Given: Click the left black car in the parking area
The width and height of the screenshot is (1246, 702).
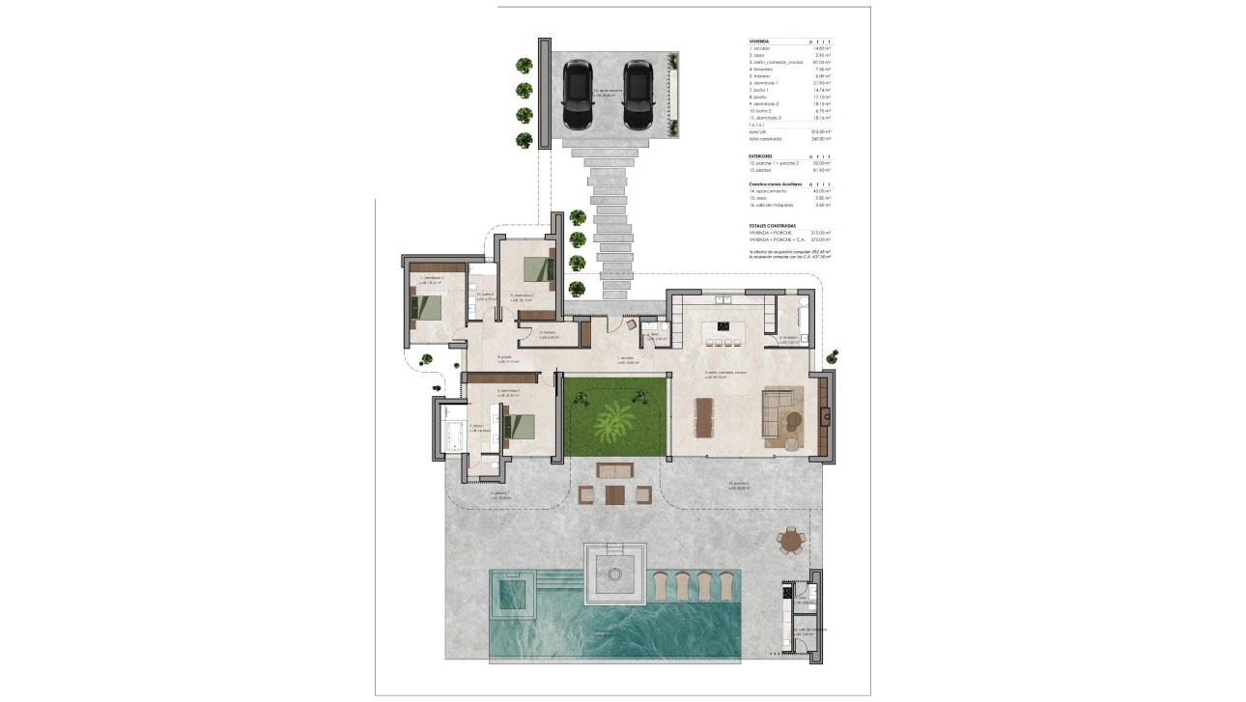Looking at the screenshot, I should point(578,95).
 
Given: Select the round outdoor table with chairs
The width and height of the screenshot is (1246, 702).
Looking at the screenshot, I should point(792,542).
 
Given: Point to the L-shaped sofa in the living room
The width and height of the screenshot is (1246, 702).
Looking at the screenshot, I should point(780,417).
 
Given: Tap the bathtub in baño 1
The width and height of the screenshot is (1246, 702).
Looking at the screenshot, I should point(452,433).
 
